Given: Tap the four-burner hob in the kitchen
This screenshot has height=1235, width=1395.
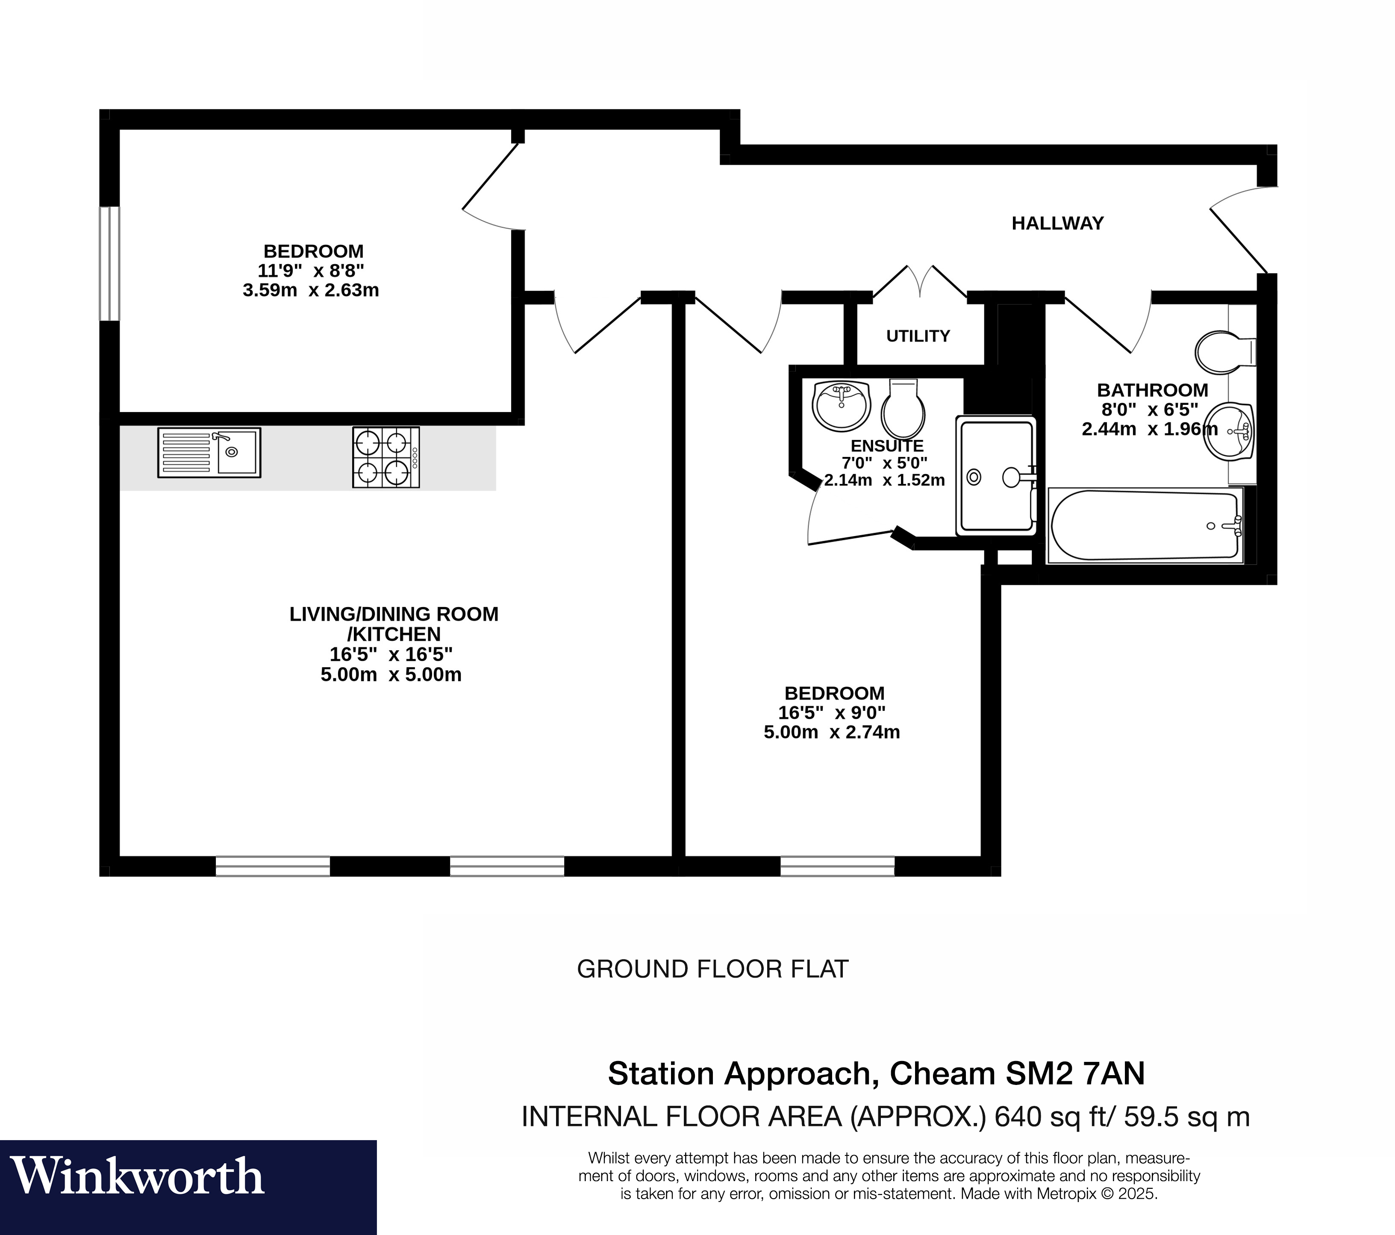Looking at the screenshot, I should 386,457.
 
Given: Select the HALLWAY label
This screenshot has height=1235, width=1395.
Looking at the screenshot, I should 1057,223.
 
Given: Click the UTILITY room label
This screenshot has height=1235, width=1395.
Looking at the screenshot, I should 918,336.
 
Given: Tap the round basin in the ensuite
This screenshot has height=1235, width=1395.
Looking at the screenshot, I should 841,406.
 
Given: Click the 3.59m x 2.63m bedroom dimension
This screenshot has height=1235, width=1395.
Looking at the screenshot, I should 311,290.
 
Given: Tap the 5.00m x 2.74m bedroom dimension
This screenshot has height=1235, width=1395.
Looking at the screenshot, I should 831,733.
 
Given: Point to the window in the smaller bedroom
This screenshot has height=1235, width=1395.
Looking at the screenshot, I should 109,263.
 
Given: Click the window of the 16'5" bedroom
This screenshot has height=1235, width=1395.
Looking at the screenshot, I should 837,867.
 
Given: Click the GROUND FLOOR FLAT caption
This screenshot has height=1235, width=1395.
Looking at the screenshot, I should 712,970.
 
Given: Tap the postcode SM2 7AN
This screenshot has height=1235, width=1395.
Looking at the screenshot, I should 1074,1074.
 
